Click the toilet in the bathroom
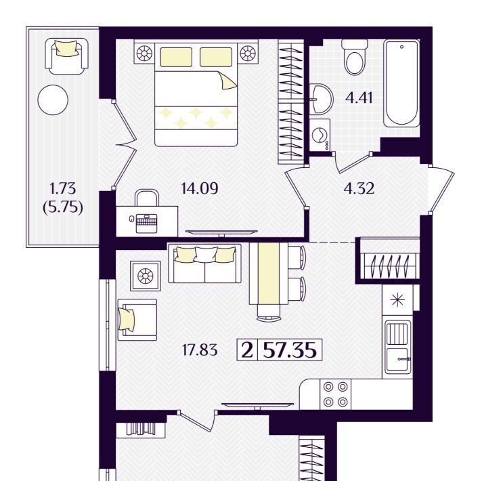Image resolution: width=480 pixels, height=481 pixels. pos(354,58)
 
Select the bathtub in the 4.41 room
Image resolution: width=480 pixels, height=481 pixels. pos(401,83)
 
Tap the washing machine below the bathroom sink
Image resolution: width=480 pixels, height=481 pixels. pos(320,135)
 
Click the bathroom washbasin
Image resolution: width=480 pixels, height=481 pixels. pos(320,99)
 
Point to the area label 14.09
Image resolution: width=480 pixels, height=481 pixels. pos(200,188)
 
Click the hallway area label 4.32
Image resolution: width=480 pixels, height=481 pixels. pos(359,188)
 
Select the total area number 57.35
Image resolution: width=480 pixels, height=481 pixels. pos(290,350)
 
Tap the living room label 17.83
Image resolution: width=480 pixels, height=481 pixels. pos(200,350)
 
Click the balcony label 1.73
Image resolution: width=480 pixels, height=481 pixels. pos(63,188)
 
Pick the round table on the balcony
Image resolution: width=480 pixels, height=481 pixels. pos(53,100)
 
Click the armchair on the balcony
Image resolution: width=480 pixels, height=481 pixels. pos(67,56)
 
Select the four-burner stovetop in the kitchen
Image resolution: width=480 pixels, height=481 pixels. pos(335,394)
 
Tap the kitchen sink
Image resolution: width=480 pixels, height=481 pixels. pos(398,347)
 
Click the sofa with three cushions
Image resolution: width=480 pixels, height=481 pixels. pos(204,263)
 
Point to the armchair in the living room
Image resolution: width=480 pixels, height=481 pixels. pos(137,319)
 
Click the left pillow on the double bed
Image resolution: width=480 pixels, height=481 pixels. pos(176,57)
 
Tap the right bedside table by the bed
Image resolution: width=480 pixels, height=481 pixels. pos(248,54)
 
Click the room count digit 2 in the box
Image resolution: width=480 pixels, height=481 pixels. pos(247,350)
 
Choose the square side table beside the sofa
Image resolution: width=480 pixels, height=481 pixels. pos(146,276)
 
